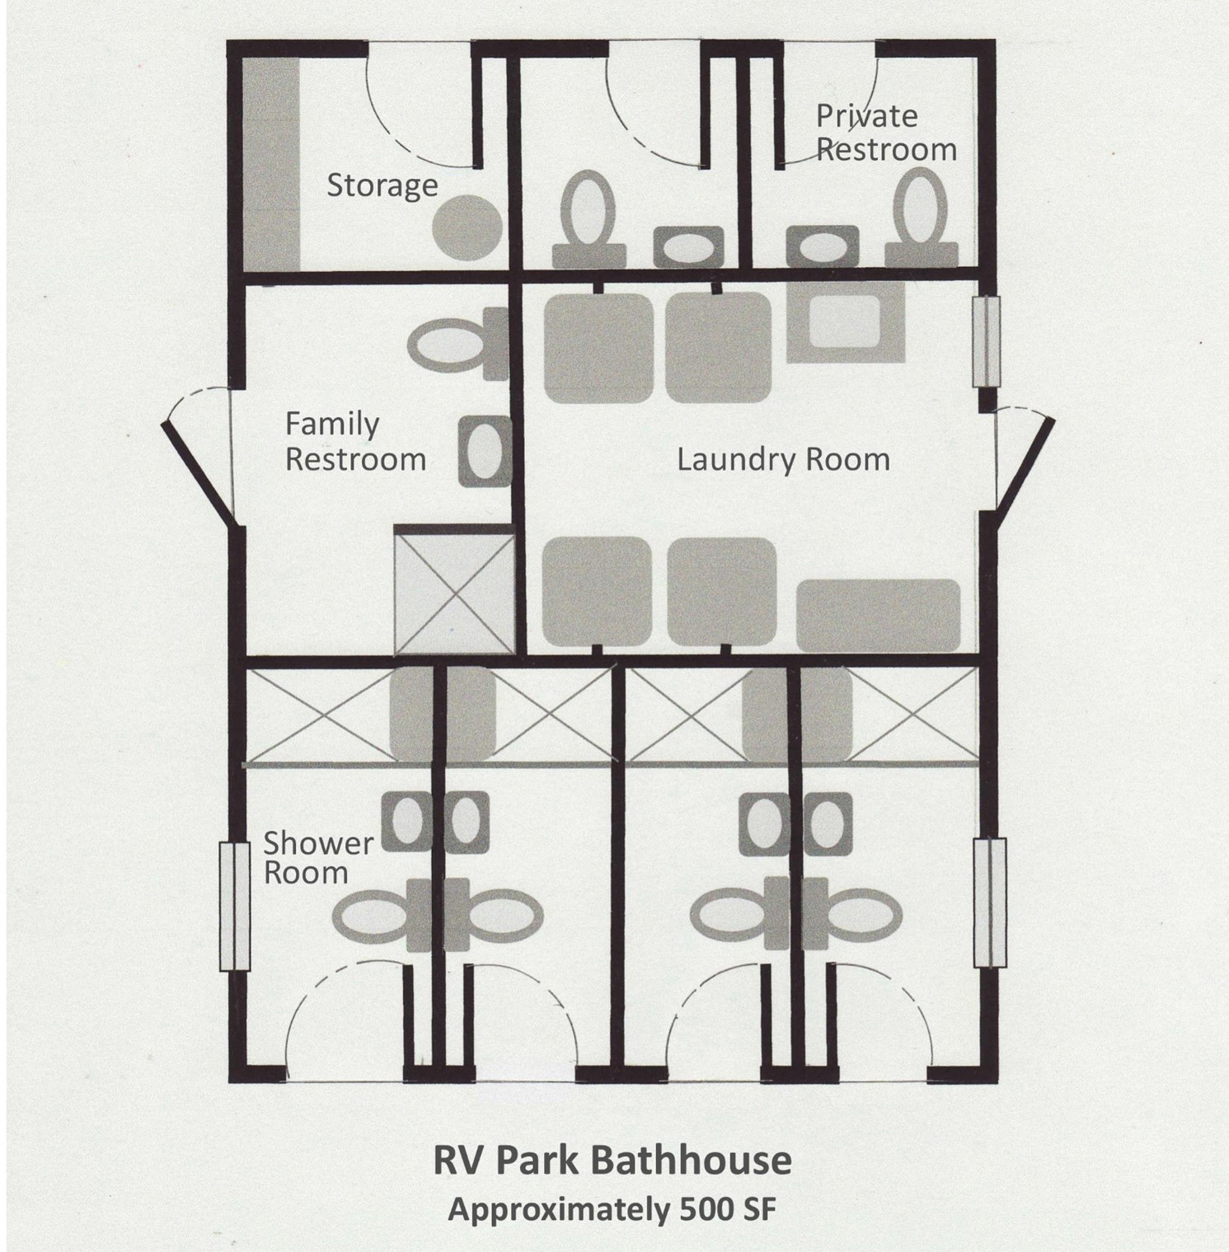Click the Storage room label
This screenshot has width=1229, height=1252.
pyautogui.click(x=382, y=186)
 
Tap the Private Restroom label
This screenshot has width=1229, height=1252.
pyautogui.click(x=886, y=133)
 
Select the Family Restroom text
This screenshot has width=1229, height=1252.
pyautogui.click(x=355, y=442)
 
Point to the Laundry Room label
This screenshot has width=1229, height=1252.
pyautogui.click(x=783, y=459)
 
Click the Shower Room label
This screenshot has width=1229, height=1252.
pyautogui.click(x=317, y=857)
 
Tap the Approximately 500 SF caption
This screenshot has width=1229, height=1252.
pyautogui.click(x=612, y=1209)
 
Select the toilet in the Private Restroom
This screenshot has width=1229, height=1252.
pyautogui.click(x=921, y=218)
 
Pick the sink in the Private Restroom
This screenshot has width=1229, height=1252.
pyautogui.click(x=822, y=246)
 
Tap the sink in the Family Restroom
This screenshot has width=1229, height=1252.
pyautogui.click(x=485, y=452)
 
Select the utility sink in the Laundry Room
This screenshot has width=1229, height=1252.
pyautogui.click(x=846, y=321)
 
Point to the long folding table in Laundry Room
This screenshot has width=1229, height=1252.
pyautogui.click(x=878, y=615)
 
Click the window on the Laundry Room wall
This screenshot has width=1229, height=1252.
pyautogui.click(x=987, y=341)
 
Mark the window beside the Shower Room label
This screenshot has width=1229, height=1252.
pyautogui.click(x=234, y=906)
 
